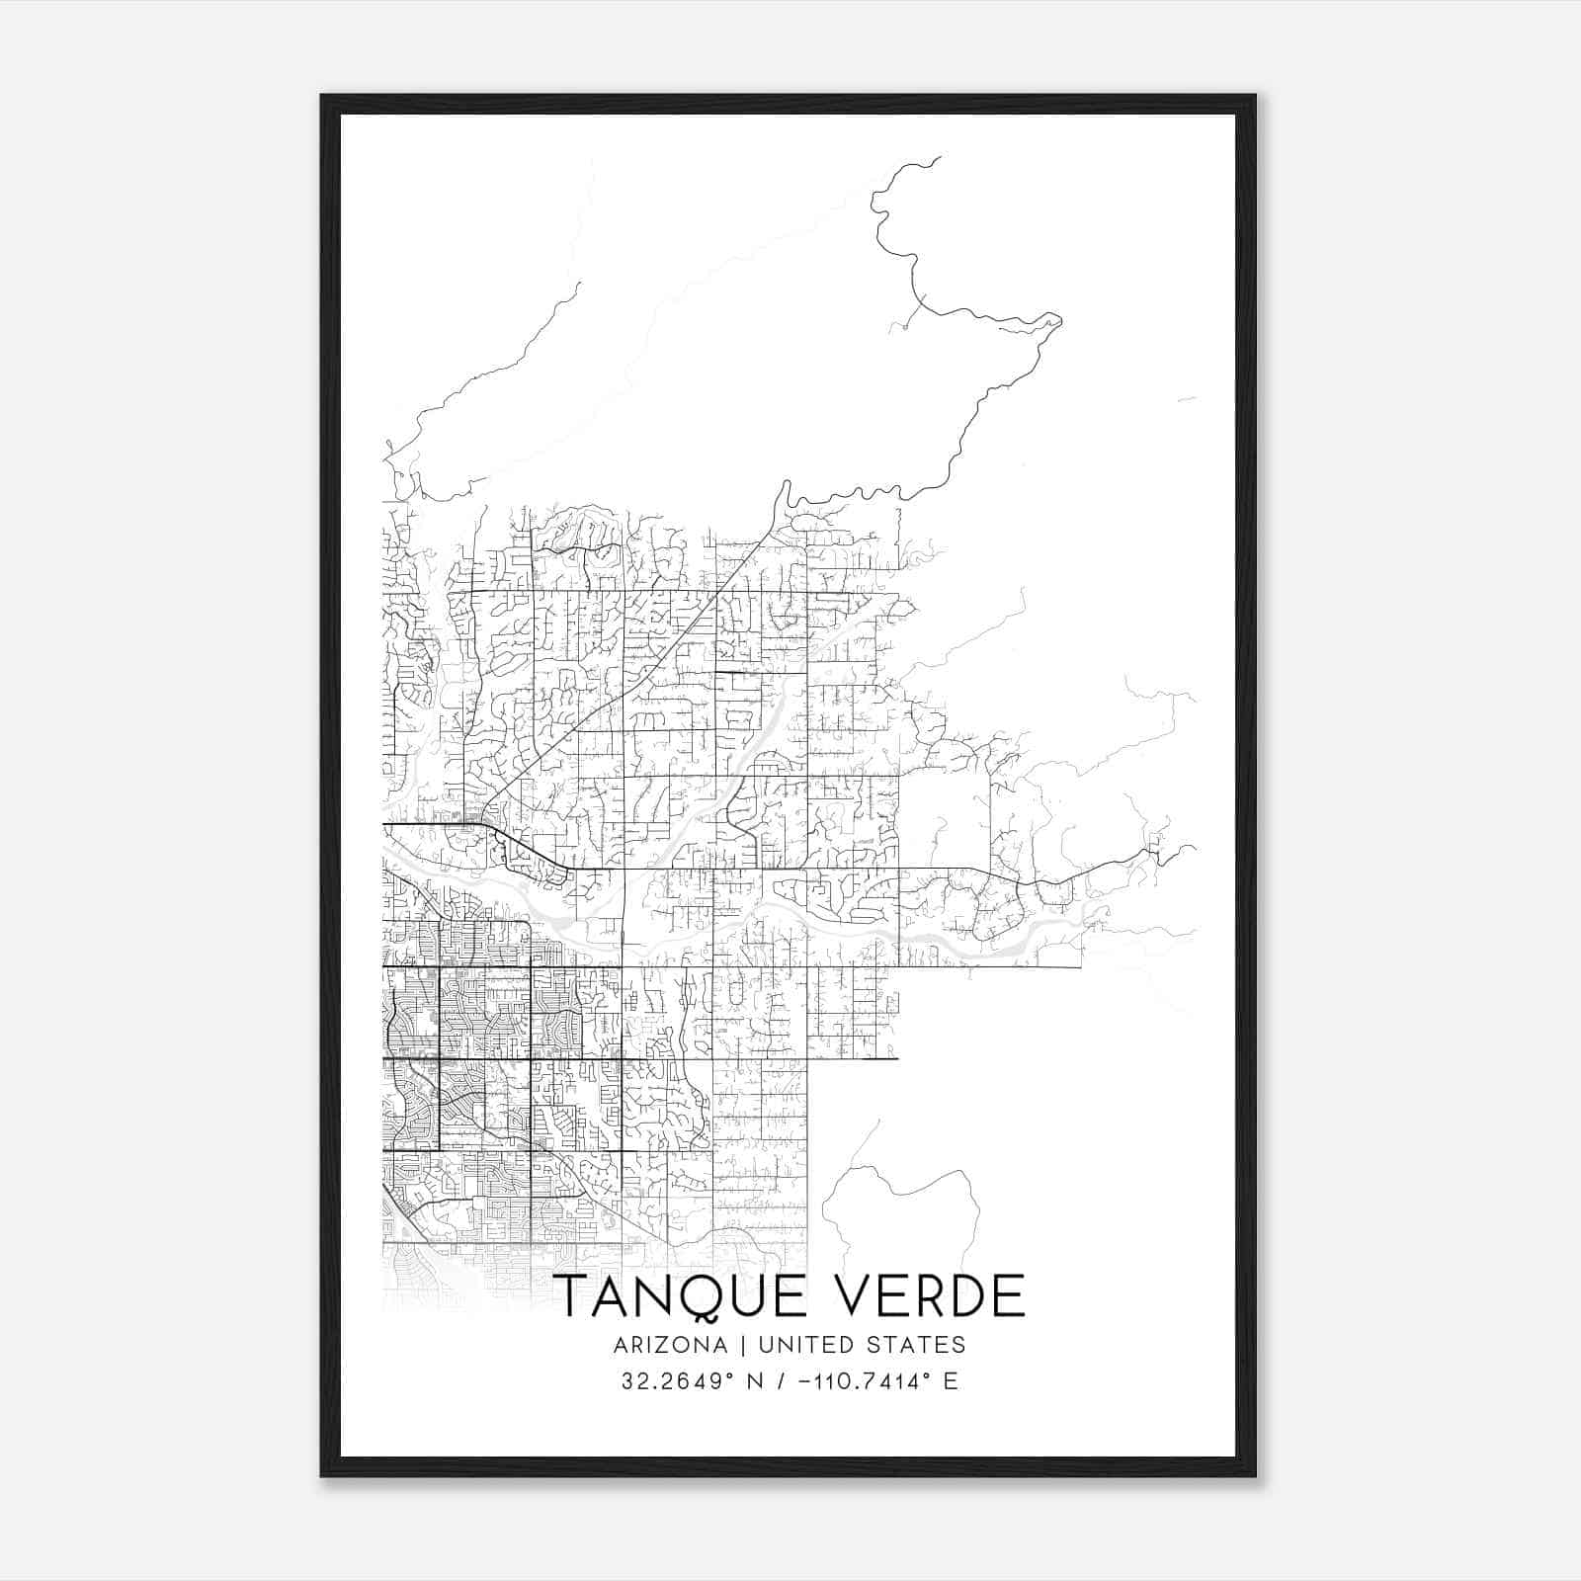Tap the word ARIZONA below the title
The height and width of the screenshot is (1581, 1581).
(670, 1345)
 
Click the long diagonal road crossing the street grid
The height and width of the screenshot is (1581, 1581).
(632, 682)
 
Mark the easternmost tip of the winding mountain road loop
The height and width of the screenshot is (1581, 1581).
(1060, 319)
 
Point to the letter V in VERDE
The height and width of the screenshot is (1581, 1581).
(863, 1297)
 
